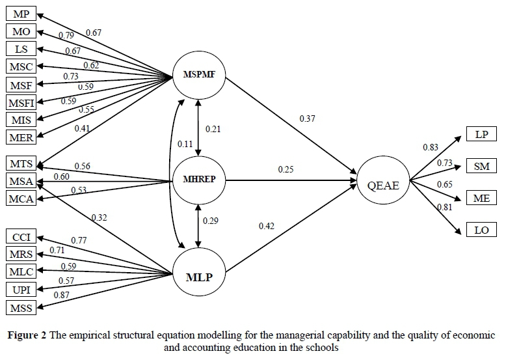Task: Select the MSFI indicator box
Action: tap(21, 102)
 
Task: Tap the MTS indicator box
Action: tap(21, 163)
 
